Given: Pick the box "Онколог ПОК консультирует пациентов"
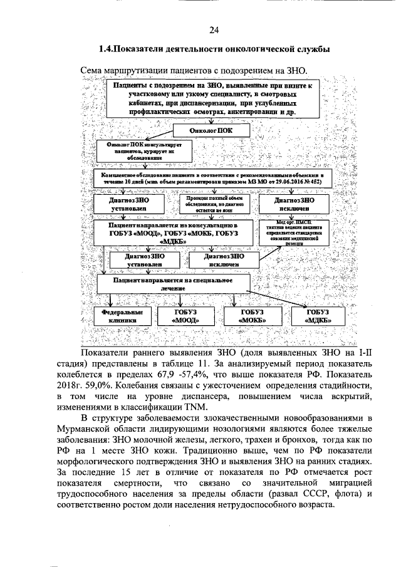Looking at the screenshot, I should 134,150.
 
